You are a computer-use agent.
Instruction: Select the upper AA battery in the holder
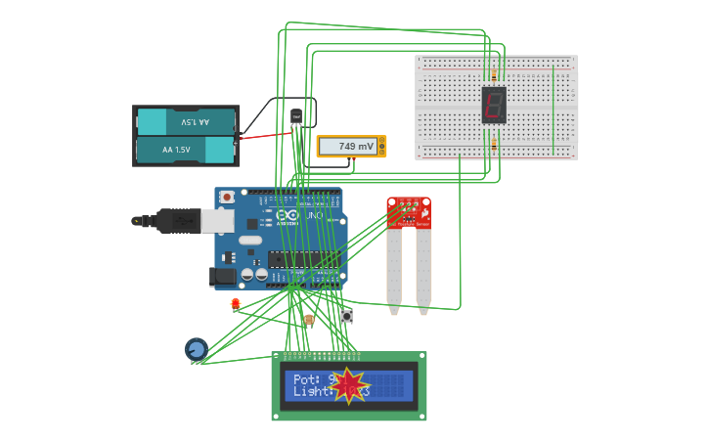tap(187, 122)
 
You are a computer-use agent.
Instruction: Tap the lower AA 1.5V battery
tap(186, 150)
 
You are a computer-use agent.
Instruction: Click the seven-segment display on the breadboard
tap(494, 105)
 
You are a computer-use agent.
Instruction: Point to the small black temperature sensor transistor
tap(296, 116)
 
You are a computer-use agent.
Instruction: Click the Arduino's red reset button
tap(227, 197)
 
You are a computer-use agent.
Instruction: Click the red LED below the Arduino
tap(236, 304)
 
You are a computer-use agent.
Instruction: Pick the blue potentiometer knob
tap(197, 349)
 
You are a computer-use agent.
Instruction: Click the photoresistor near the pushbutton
tap(309, 319)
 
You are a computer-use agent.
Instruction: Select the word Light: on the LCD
tap(312, 391)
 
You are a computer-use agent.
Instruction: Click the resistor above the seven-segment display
tap(494, 74)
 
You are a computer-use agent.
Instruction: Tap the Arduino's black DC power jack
tap(224, 278)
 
